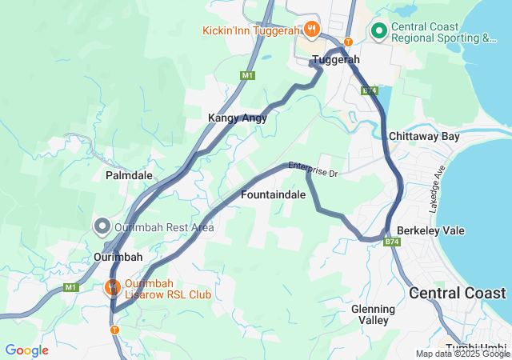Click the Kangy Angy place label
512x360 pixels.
pos(238,118)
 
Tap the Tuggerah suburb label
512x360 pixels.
pos(336,60)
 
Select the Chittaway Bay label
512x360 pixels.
pos(424,137)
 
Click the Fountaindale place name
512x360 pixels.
pos(273,195)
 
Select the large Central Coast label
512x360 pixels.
pos(458,293)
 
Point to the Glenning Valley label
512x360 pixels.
pos(374,314)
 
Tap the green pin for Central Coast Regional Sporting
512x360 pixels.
pos(378,31)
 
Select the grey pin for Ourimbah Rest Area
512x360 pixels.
pos(102,227)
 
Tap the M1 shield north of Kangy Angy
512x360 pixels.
pos(246,75)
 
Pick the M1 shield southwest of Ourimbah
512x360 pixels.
pos(71,287)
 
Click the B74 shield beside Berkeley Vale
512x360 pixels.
pos(391,241)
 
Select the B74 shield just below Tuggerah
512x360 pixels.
pos(369,91)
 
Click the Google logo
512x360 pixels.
pos(26,350)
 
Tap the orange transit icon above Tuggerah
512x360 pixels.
pos(348,42)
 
